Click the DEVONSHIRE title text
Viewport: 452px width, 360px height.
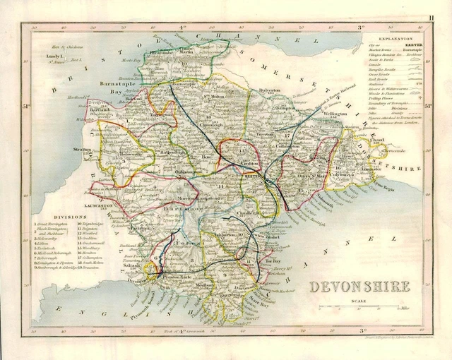tap(359, 287)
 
